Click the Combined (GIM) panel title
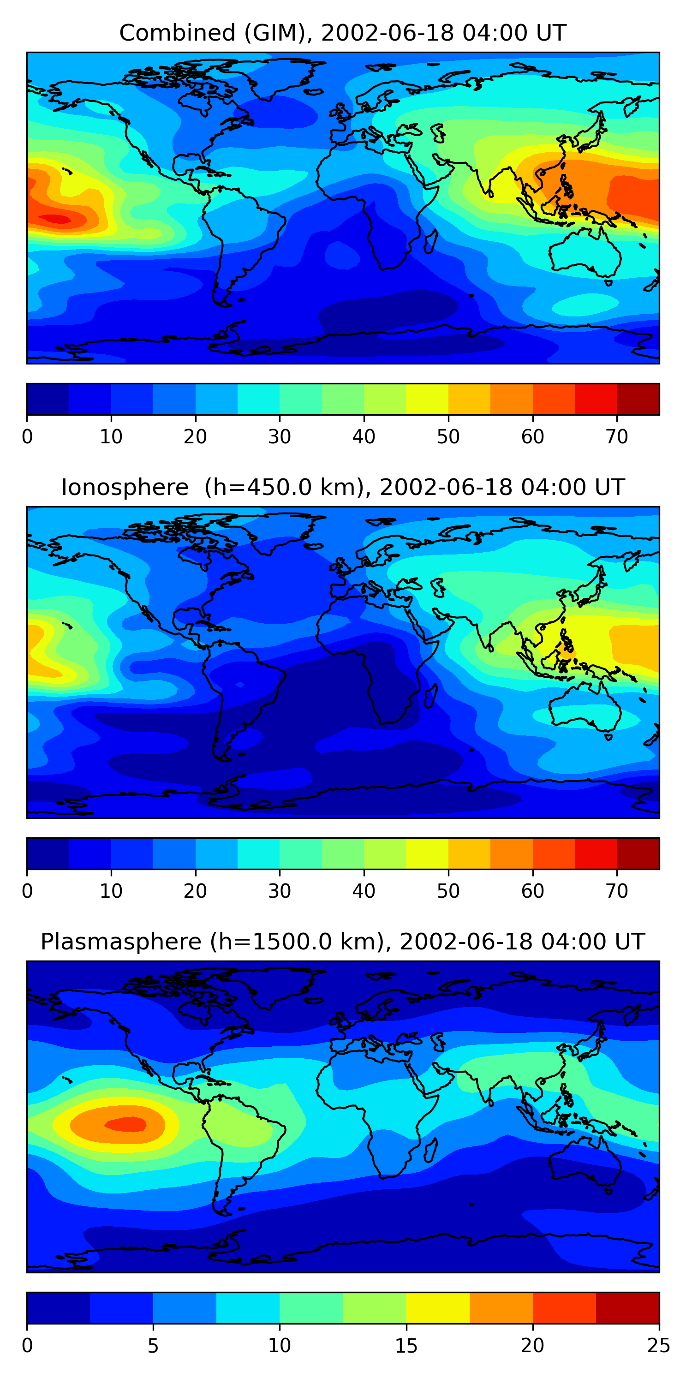tap(343, 33)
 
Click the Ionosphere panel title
tap(343, 487)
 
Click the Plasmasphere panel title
tap(343, 942)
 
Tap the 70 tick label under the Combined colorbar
tap(617, 436)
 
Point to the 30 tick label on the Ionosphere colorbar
tap(280, 891)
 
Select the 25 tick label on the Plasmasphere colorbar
tap(659, 1345)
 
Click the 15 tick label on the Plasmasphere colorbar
tap(406, 1345)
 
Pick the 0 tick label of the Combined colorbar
tap(27, 436)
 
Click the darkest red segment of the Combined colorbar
tap(638, 399)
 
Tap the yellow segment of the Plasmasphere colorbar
tap(438, 1308)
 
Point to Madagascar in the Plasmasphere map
tap(430, 1150)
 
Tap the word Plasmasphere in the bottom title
tap(121, 942)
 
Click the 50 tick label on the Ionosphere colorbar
tap(448, 891)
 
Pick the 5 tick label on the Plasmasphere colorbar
tap(153, 1345)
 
